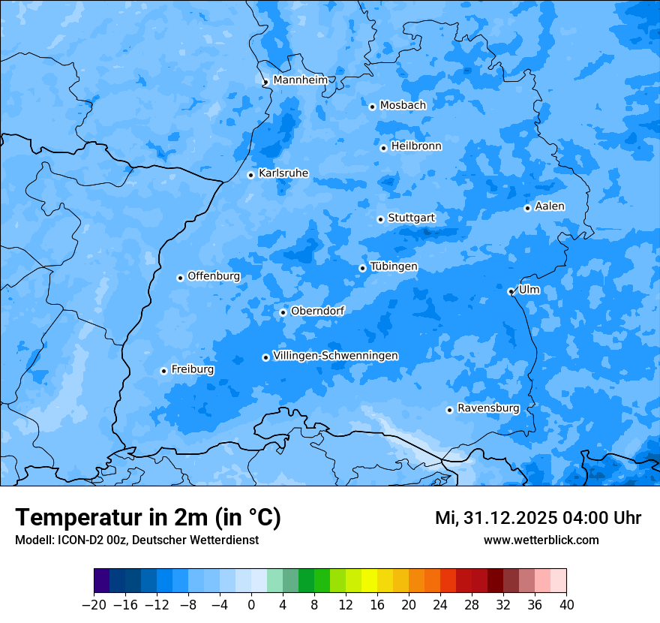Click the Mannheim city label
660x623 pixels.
click(300, 80)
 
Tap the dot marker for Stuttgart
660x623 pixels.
click(380, 219)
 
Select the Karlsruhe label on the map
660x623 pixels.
click(283, 173)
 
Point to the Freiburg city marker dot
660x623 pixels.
click(163, 371)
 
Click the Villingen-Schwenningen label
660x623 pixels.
click(335, 356)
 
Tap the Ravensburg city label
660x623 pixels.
click(488, 408)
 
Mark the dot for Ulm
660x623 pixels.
click(511, 291)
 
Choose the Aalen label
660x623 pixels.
click(550, 206)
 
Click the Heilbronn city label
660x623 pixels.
click(416, 146)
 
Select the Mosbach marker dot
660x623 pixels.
click(372, 107)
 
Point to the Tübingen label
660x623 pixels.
click(394, 266)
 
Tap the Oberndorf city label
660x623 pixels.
click(317, 311)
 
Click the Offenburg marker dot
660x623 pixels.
click(180, 278)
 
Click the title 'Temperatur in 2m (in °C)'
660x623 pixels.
click(148, 517)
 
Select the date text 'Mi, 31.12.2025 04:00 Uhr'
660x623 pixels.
click(538, 518)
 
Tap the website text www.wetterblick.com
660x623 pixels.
click(541, 540)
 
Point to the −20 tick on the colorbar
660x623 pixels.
click(94, 604)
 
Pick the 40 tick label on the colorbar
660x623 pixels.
click(566, 604)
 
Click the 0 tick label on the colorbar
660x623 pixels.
click(251, 604)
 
